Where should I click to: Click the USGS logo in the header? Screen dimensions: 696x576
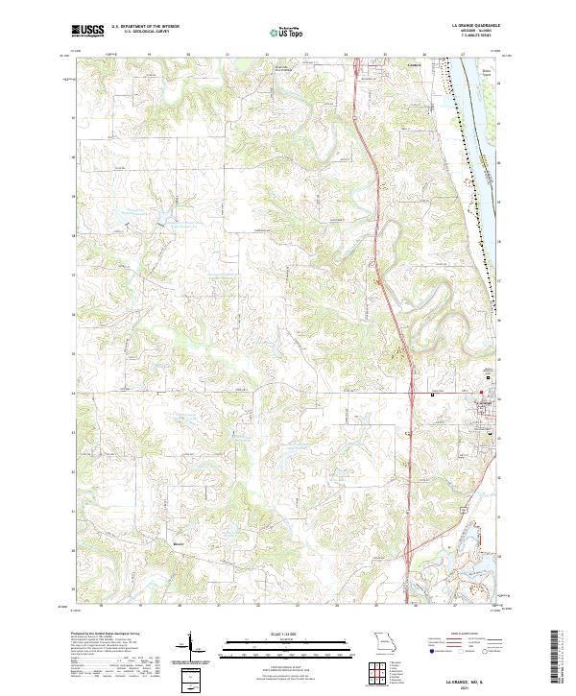(x=88, y=31)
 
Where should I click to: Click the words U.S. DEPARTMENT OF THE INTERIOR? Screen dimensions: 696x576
(x=145, y=27)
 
